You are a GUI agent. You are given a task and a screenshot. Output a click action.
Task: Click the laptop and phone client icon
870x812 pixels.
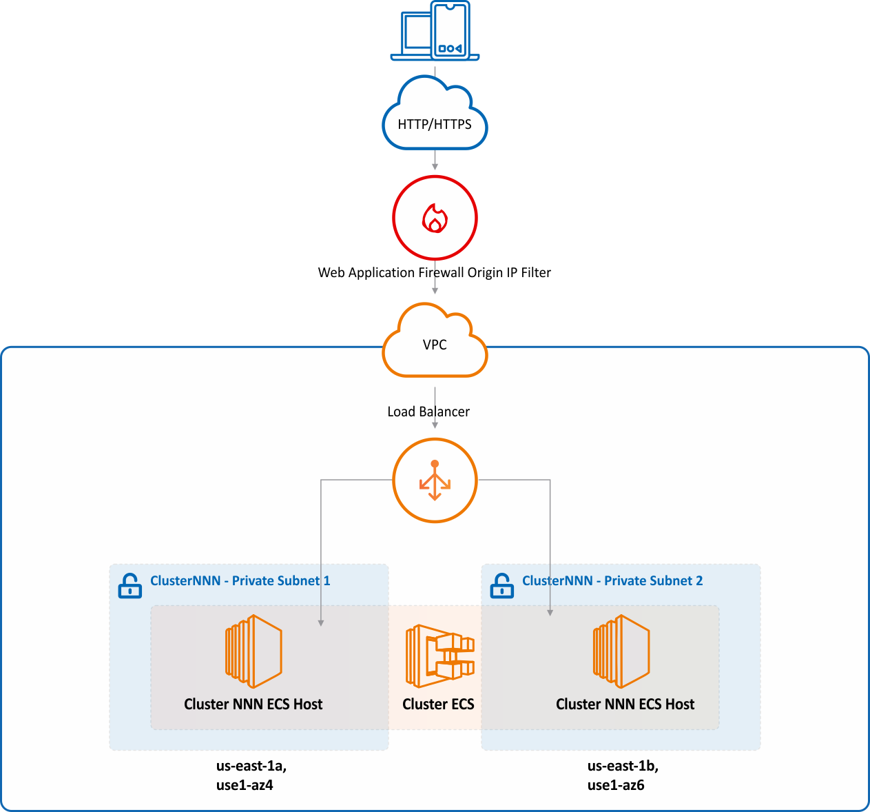click(435, 31)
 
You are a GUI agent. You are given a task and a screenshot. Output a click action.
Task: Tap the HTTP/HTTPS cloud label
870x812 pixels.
click(435, 125)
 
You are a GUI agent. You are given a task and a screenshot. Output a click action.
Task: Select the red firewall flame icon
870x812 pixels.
click(435, 219)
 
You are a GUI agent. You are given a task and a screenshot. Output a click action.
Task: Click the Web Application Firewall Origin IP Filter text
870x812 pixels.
click(434, 273)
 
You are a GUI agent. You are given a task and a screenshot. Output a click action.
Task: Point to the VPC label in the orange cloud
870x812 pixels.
click(435, 345)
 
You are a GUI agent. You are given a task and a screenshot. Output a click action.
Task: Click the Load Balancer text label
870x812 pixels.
click(428, 412)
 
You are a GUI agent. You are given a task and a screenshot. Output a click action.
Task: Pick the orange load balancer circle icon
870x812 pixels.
click(435, 480)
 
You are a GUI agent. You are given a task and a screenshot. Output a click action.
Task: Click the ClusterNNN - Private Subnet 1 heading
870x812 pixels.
click(240, 581)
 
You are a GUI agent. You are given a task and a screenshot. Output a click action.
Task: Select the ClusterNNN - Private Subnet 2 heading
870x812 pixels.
click(612, 581)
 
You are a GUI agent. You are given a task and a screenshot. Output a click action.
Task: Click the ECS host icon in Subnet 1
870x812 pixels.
click(253, 651)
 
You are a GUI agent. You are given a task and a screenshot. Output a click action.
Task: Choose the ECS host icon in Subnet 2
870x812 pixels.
click(621, 651)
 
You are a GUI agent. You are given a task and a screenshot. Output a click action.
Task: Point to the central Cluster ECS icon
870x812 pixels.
click(440, 656)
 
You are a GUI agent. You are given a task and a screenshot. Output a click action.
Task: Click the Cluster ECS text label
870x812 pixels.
click(438, 704)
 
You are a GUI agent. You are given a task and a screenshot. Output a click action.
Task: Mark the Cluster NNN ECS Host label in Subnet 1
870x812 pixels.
click(253, 704)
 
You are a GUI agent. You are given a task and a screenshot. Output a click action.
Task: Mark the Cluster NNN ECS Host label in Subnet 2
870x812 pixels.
click(625, 704)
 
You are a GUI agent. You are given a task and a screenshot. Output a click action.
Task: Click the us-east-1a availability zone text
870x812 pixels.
click(251, 766)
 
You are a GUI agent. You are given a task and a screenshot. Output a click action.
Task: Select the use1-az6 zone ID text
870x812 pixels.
click(616, 785)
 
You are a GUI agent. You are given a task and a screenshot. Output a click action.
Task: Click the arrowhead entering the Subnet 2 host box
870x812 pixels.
click(550, 611)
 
